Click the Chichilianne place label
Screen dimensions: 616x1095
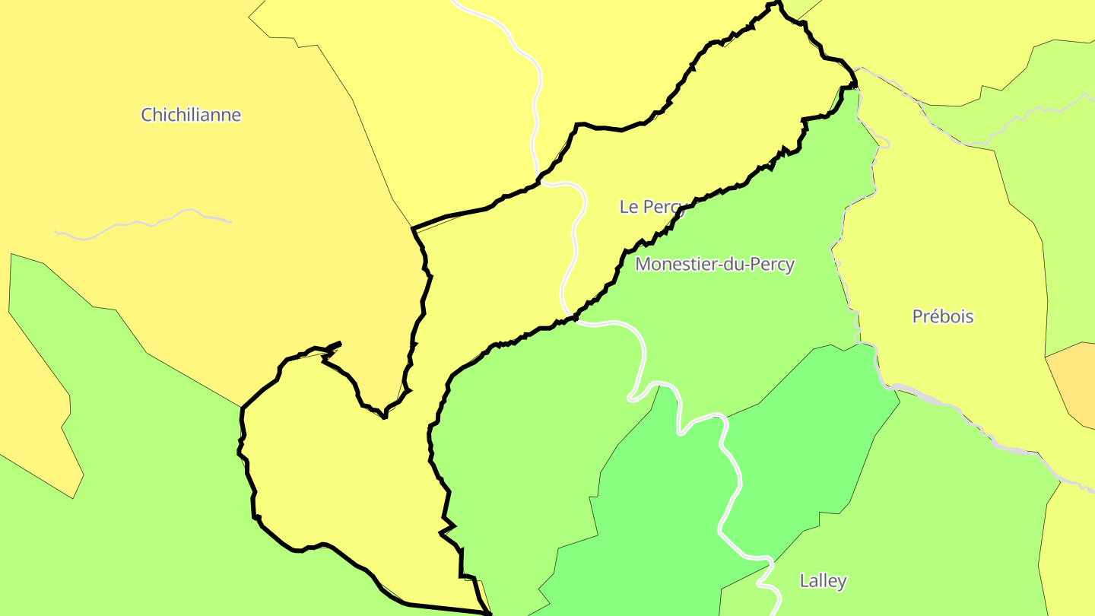pyautogui.click(x=191, y=115)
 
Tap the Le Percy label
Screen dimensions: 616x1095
pyautogui.click(x=652, y=206)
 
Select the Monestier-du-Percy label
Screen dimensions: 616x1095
pyautogui.click(x=715, y=264)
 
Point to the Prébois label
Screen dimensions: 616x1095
pyautogui.click(x=943, y=316)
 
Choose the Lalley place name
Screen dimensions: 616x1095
pyautogui.click(x=823, y=581)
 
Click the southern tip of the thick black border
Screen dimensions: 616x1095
pyautogui.click(x=487, y=612)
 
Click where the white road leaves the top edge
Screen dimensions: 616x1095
pyautogui.click(x=455, y=2)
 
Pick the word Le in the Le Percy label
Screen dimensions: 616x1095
pyautogui.click(x=629, y=206)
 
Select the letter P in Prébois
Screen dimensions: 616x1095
pyautogui.click(x=917, y=316)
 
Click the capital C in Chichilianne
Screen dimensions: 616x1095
pyautogui.click(x=147, y=115)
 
